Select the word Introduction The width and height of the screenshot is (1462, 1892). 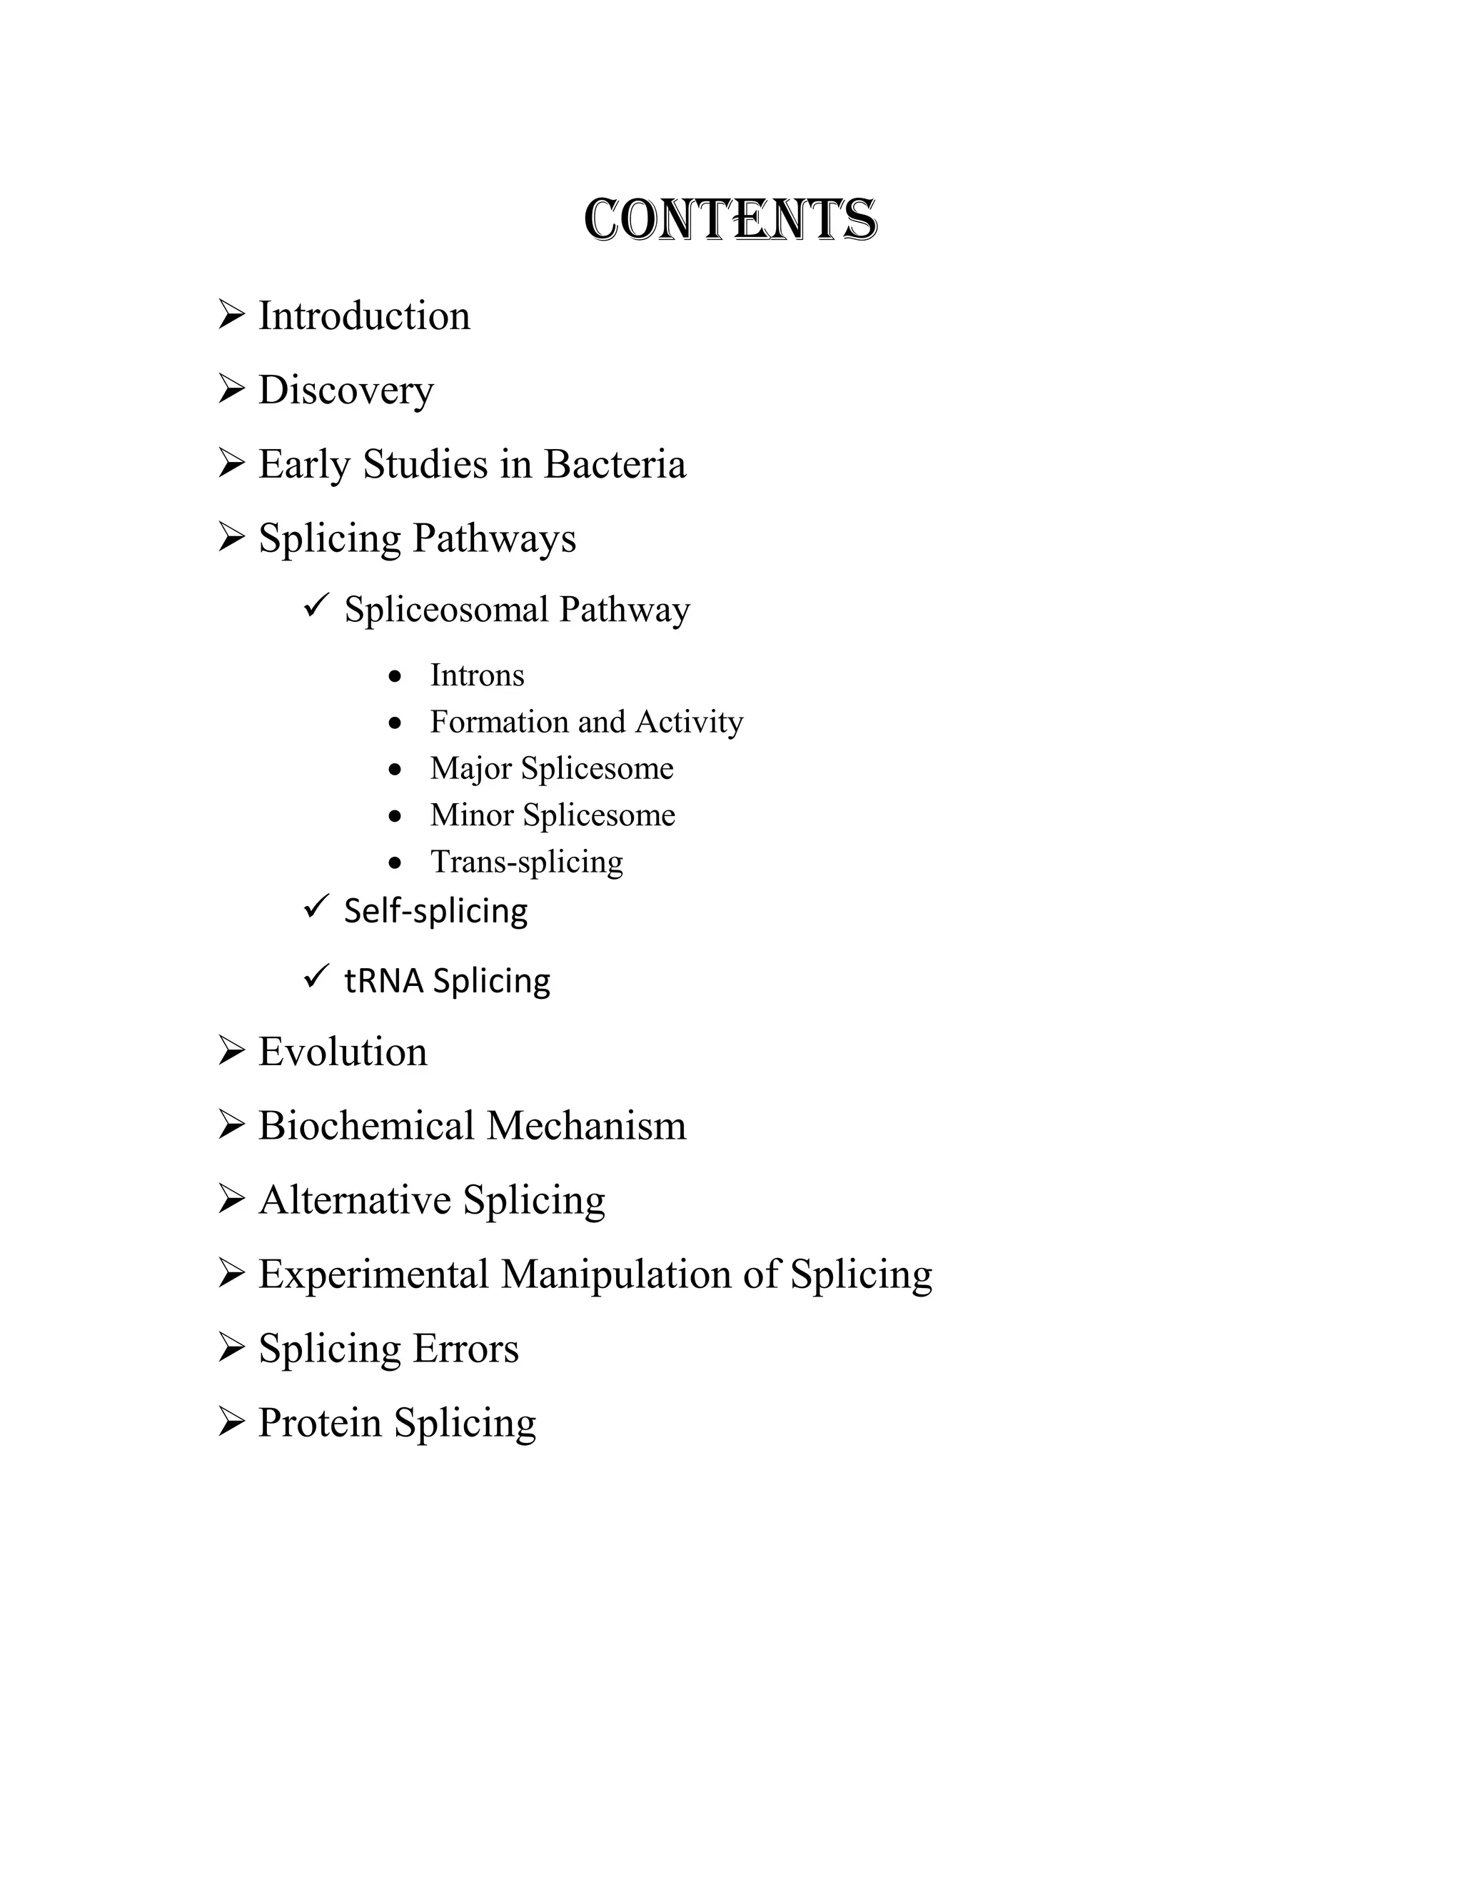364,316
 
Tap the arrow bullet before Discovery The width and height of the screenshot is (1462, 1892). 231,389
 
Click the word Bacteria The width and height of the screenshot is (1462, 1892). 614,464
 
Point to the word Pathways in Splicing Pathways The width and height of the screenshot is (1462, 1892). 494,539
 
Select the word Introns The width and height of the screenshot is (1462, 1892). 478,675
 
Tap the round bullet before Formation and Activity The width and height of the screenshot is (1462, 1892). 395,723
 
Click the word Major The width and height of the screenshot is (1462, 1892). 470,768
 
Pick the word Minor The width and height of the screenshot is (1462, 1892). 471,815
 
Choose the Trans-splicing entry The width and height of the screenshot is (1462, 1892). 527,862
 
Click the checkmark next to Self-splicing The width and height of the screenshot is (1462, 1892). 316,906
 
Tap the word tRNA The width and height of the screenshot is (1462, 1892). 383,982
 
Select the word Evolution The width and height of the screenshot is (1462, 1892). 343,1052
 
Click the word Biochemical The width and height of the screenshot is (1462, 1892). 366,1126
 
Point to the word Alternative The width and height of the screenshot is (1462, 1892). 354,1201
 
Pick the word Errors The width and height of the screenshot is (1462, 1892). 465,1349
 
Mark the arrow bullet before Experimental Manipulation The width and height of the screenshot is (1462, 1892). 231,1274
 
